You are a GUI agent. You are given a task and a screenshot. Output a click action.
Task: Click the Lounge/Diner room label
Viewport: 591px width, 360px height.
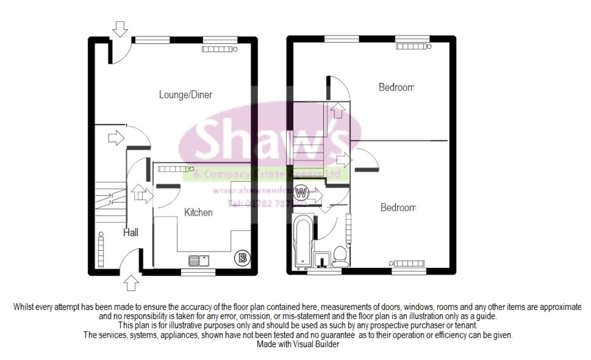coord(185,95)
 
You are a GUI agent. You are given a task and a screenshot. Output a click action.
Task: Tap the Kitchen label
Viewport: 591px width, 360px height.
coord(198,212)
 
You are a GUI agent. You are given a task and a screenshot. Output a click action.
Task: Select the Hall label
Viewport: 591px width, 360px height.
coord(131,233)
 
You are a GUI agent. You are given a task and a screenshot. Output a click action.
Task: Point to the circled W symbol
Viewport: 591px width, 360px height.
coord(302,192)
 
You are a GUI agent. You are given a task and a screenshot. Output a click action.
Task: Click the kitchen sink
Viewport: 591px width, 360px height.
coord(199,260)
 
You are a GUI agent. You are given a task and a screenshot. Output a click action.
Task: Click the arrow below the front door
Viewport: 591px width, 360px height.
coord(131,283)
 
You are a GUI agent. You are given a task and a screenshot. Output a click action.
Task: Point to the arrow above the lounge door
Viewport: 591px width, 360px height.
coord(119,29)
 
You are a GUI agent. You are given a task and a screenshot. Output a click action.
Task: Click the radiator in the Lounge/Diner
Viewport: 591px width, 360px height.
coord(217,49)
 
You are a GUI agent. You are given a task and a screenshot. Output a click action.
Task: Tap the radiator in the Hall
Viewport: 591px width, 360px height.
coord(102,246)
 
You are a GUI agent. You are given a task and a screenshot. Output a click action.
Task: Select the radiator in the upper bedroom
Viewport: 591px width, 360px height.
coord(413,46)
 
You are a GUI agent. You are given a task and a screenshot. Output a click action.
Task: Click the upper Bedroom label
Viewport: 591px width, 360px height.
coord(396,88)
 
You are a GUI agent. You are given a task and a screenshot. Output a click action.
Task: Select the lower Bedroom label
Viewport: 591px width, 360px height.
coord(398,208)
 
